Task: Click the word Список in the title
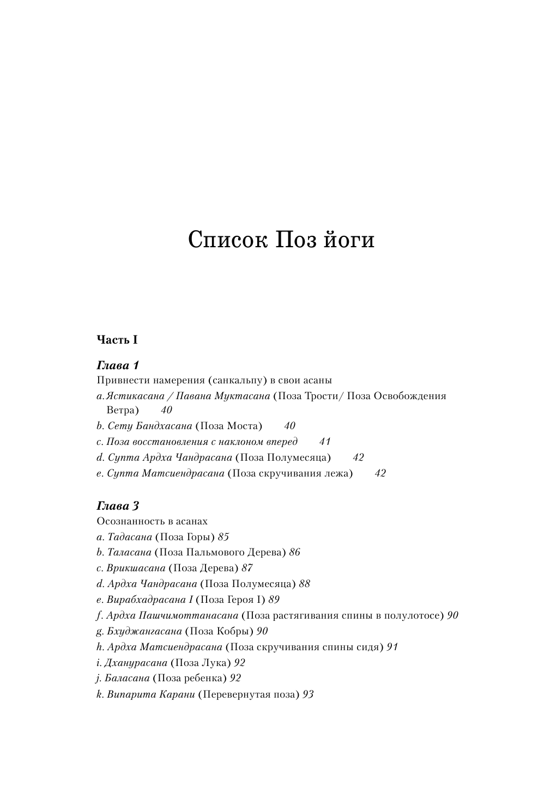[227, 240]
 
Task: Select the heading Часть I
[117, 340]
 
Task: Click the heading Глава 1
[118, 365]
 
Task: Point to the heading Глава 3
[118, 506]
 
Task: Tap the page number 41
[325, 442]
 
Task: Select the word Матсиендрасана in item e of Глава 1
[183, 473]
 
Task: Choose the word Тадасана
[130, 537]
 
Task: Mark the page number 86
[295, 552]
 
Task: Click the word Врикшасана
[136, 568]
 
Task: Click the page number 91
[392, 647]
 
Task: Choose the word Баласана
[128, 678]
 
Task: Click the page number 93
[308, 694]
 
